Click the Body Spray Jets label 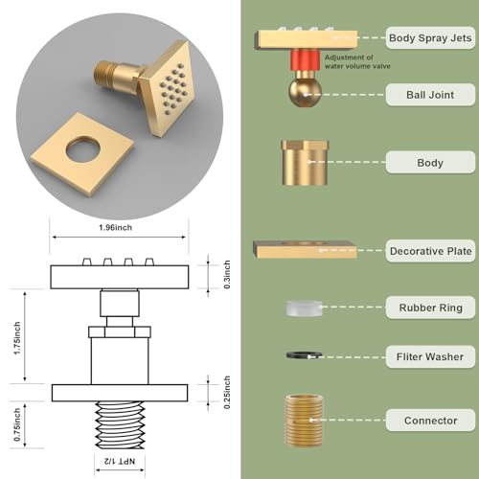point(429,39)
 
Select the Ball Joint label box point(429,94)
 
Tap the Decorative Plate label point(429,252)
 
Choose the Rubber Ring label point(429,308)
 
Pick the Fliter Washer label point(429,357)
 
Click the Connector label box point(429,420)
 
